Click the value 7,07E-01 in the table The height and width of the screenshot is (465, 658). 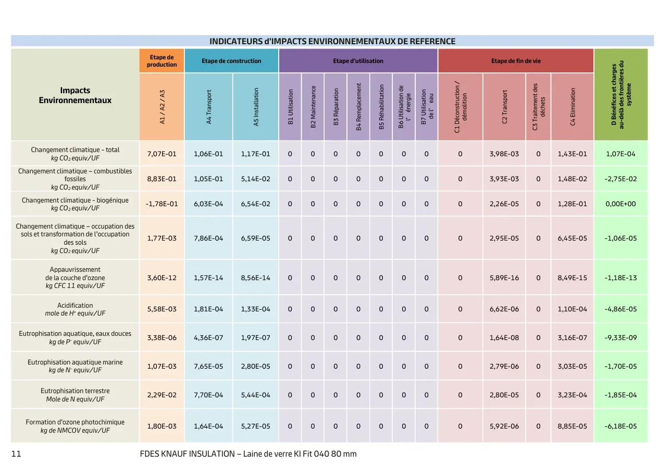coord(162,154)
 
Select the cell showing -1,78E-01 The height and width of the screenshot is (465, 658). coord(162,204)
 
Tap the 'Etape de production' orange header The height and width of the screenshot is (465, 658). coord(162,61)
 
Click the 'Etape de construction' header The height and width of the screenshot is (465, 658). coord(231,61)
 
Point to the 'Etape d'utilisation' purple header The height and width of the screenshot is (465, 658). coord(358,61)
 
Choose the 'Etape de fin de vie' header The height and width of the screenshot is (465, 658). coord(516,61)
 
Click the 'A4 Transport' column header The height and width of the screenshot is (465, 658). coord(208,107)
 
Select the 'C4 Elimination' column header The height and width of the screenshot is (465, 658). coord(573,107)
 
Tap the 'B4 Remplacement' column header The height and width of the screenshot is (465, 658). coord(358,107)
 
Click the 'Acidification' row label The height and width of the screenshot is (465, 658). coord(75,305)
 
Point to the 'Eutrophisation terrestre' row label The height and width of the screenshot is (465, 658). coord(75,391)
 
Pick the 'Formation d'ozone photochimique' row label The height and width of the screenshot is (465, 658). coord(75,422)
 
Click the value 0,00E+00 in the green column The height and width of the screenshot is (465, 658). coord(620,204)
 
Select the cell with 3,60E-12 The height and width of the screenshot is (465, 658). coord(162,278)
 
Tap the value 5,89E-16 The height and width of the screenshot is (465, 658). coord(504,278)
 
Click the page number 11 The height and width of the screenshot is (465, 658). coord(16,454)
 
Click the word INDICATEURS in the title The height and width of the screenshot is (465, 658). coord(236,41)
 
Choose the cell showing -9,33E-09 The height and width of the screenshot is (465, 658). coord(620,337)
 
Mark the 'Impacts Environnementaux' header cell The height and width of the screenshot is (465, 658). coord(75,95)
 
